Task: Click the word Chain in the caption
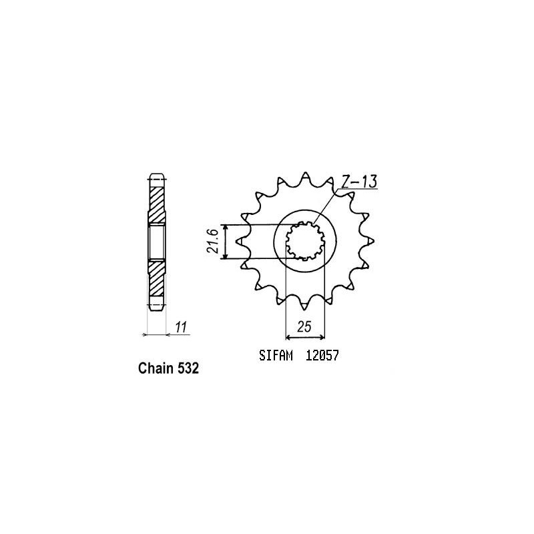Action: click(x=156, y=368)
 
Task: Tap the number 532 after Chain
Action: click(x=188, y=368)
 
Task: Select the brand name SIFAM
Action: click(x=274, y=356)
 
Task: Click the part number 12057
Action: click(x=322, y=356)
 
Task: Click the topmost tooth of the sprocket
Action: click(x=304, y=176)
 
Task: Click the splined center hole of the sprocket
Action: click(x=305, y=241)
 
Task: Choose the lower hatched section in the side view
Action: click(x=155, y=279)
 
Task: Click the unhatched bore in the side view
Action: click(x=155, y=241)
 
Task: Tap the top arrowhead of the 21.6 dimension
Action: click(x=226, y=228)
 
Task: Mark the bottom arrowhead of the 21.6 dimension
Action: click(x=226, y=255)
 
